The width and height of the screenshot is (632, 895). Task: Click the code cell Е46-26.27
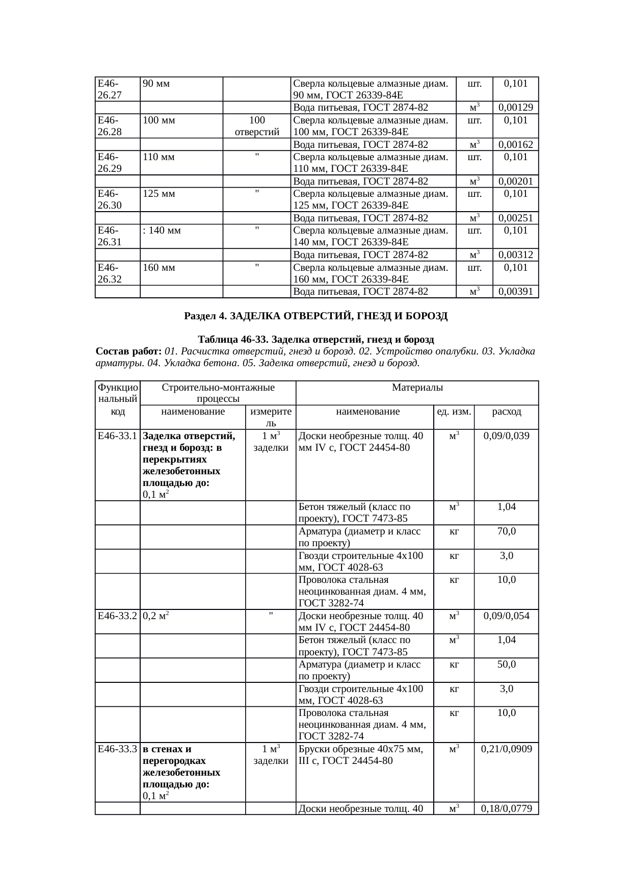click(110, 89)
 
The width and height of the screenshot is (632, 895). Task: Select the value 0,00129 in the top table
click(515, 108)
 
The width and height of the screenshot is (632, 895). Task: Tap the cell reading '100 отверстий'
click(257, 126)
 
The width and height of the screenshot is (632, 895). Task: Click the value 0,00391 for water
click(515, 292)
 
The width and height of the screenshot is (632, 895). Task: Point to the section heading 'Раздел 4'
click(315, 316)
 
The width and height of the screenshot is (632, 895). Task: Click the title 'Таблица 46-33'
click(315, 340)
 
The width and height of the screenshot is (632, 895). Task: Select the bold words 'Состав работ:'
click(129, 351)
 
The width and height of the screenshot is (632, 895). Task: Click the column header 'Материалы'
click(417, 388)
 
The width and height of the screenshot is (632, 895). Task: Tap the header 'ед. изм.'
click(454, 412)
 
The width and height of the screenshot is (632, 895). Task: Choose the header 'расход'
click(506, 412)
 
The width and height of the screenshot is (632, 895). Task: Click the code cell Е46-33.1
click(117, 436)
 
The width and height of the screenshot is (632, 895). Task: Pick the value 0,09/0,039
click(506, 436)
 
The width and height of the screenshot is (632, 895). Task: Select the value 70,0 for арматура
click(506, 531)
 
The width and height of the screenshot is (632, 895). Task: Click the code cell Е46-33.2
click(117, 616)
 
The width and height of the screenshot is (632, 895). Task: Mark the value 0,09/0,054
click(506, 616)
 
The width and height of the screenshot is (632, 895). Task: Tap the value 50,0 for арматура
click(506, 664)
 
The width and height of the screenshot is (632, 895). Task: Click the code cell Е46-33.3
click(117, 749)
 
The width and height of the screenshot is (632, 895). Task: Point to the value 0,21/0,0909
click(506, 749)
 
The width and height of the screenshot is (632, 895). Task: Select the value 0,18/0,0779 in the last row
click(506, 808)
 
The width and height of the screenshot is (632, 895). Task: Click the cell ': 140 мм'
click(162, 231)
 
